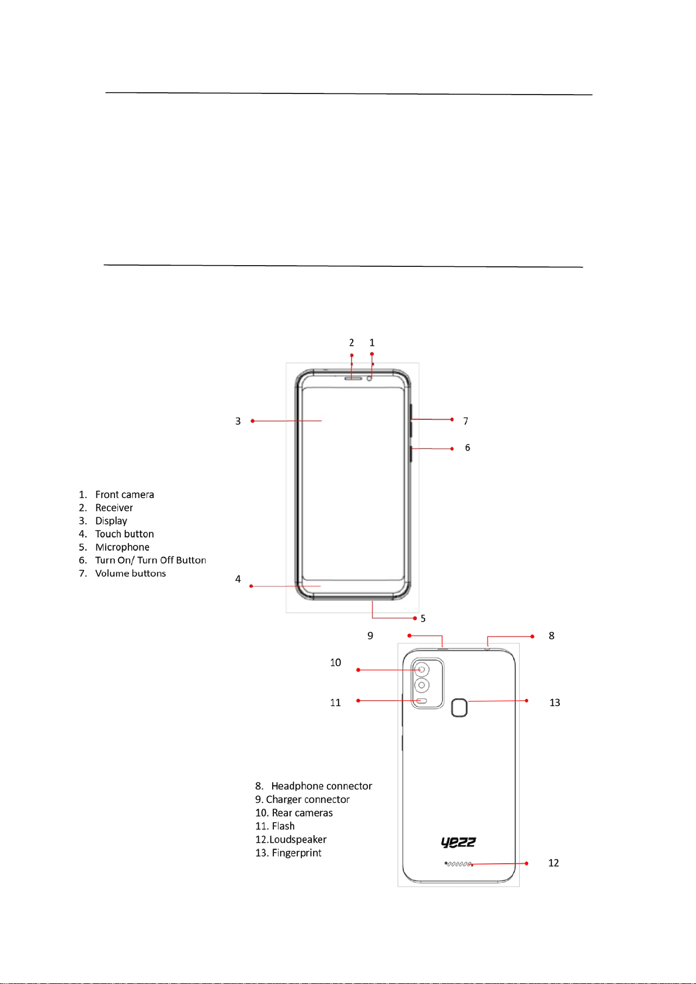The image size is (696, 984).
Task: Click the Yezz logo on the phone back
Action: click(x=458, y=842)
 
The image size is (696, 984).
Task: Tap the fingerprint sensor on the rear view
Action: click(x=460, y=707)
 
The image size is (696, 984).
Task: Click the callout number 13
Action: click(x=555, y=703)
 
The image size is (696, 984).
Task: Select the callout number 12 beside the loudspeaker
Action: click(x=554, y=863)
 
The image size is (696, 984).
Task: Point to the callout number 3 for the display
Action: click(x=238, y=421)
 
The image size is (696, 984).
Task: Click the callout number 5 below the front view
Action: click(x=423, y=618)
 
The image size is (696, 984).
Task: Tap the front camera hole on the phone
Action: click(x=369, y=378)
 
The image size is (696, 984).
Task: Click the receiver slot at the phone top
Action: click(x=353, y=378)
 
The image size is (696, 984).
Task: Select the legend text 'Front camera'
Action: click(x=125, y=495)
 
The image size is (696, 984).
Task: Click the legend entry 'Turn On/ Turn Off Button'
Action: click(x=151, y=560)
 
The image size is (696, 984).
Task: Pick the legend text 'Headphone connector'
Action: click(x=322, y=786)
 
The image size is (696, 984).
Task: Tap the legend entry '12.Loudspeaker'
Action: click(x=291, y=840)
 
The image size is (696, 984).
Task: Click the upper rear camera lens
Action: click(x=422, y=669)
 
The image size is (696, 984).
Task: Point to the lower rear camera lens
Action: click(x=422, y=685)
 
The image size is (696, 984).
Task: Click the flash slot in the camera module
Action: click(x=422, y=701)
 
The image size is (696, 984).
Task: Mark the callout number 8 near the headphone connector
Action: click(x=552, y=635)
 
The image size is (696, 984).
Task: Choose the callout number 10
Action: click(x=336, y=662)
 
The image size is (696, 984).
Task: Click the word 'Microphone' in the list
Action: click(x=123, y=547)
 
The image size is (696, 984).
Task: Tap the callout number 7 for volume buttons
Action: click(x=466, y=421)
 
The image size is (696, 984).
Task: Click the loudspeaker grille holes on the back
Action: click(x=458, y=864)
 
